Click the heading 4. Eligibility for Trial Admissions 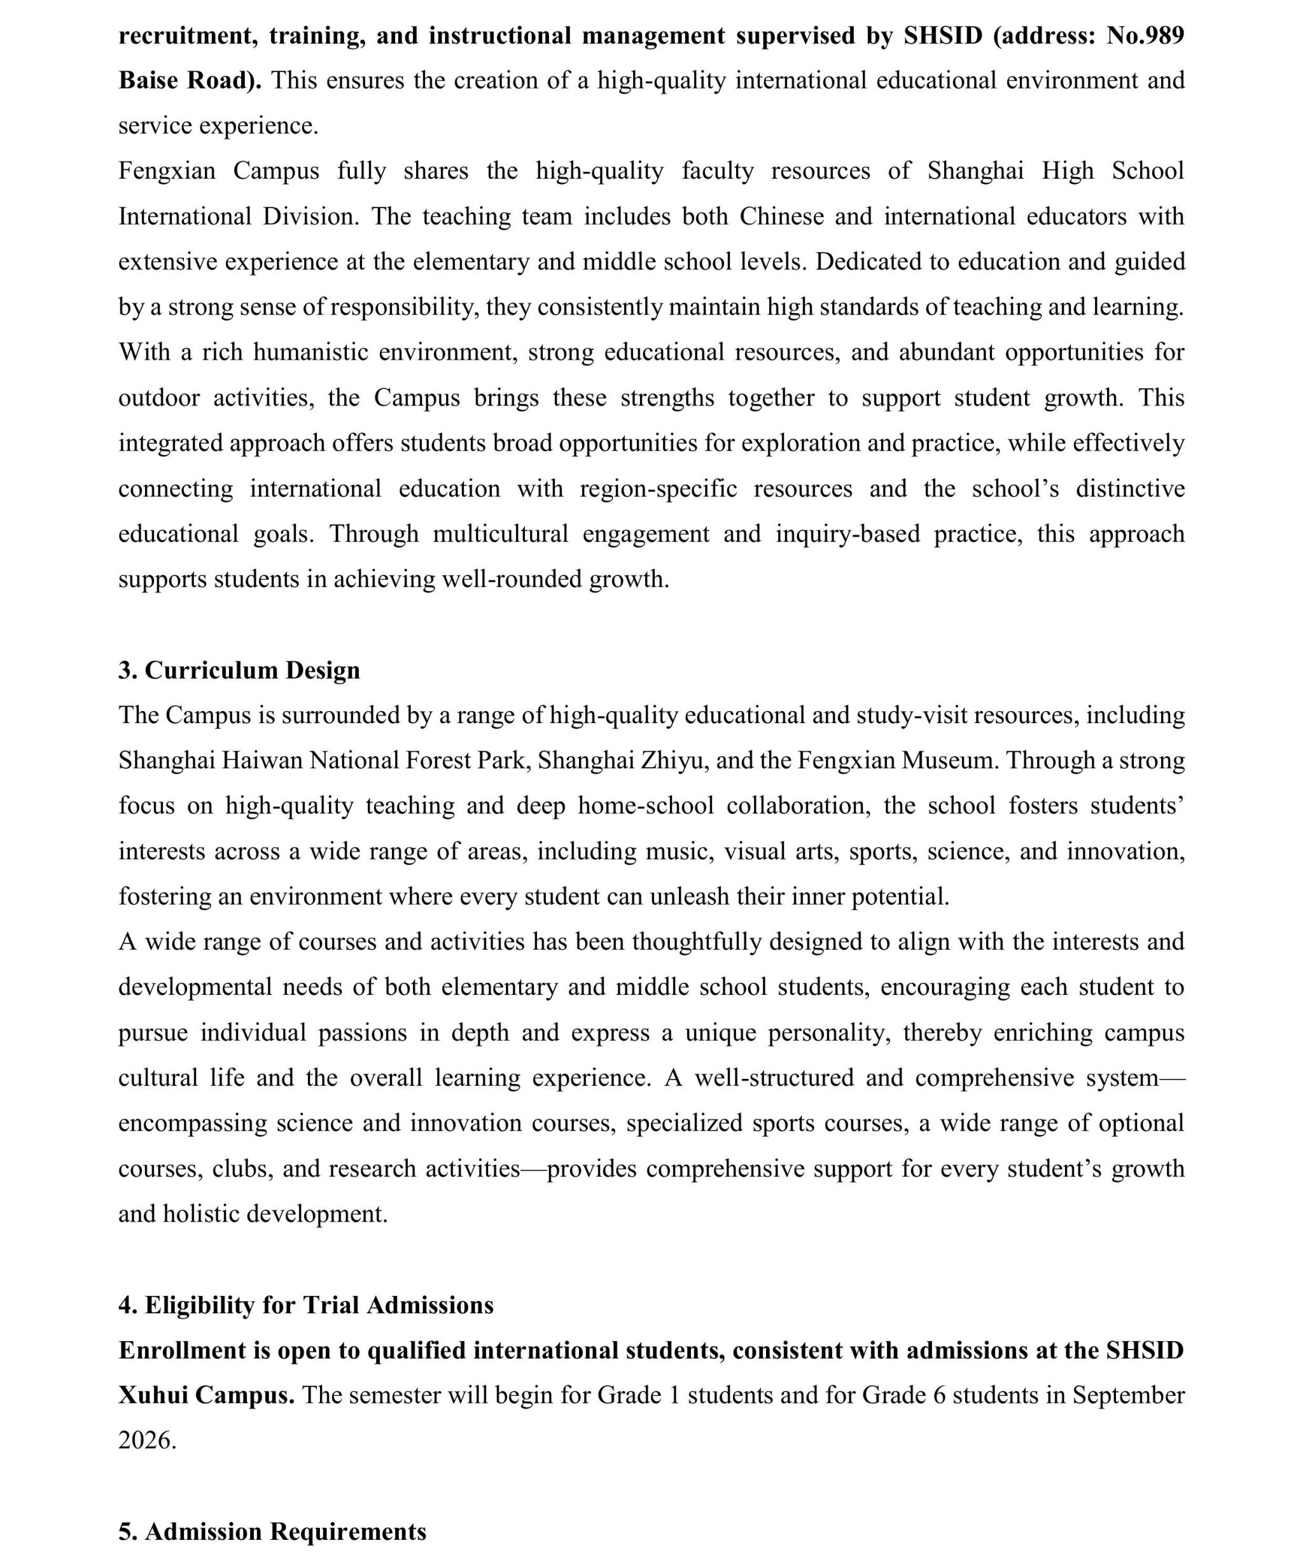[x=305, y=1305]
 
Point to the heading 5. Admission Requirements [x=272, y=1532]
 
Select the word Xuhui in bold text [x=152, y=1395]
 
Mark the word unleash [x=690, y=896]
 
